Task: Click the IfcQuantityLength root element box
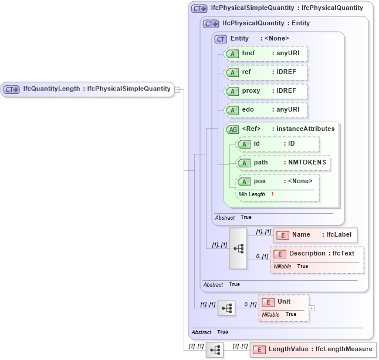pyautogui.click(x=88, y=89)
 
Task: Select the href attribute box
pyautogui.click(x=266, y=53)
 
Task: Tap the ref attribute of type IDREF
pyautogui.click(x=266, y=72)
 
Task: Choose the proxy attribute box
pyautogui.click(x=266, y=91)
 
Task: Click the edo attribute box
pyautogui.click(x=266, y=110)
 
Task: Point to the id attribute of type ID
pyautogui.click(x=278, y=144)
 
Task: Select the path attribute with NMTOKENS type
pyautogui.click(x=283, y=163)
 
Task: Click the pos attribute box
pyautogui.click(x=278, y=181)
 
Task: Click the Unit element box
pyautogui.click(x=284, y=302)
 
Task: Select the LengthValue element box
pyautogui.click(x=313, y=349)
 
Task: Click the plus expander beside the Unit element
pyautogui.click(x=312, y=308)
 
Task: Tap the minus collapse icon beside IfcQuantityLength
pyautogui.click(x=177, y=90)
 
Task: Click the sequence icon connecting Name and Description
pyautogui.click(x=238, y=248)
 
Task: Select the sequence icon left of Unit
pyautogui.click(x=226, y=308)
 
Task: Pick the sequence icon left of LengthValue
pyautogui.click(x=214, y=350)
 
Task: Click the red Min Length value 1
pyautogui.click(x=272, y=194)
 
